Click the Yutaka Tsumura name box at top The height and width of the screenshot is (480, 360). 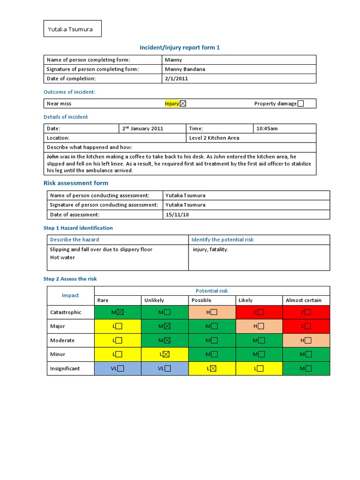[72, 29]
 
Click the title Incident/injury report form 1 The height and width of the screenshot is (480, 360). [180, 47]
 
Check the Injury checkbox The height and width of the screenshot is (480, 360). [183, 104]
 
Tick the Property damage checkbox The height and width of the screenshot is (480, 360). [300, 104]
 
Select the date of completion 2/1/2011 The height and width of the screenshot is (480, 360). [176, 79]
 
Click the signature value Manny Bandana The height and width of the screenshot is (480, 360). [185, 69]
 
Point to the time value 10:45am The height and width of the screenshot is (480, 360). [267, 128]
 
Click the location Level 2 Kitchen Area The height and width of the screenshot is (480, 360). [214, 138]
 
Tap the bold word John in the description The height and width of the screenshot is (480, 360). [53, 157]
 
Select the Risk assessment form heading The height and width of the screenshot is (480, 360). [76, 183]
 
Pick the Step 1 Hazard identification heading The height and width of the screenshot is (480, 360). [78, 228]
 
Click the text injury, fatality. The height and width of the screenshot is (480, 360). [210, 249]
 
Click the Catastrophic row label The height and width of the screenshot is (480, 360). [66, 312]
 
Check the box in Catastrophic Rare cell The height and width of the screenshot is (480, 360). [120, 312]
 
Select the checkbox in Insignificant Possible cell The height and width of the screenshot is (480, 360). [214, 368]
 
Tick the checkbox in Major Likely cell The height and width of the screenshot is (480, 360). [261, 326]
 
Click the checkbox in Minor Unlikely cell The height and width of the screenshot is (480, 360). [167, 354]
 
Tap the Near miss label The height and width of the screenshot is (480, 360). [59, 104]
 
